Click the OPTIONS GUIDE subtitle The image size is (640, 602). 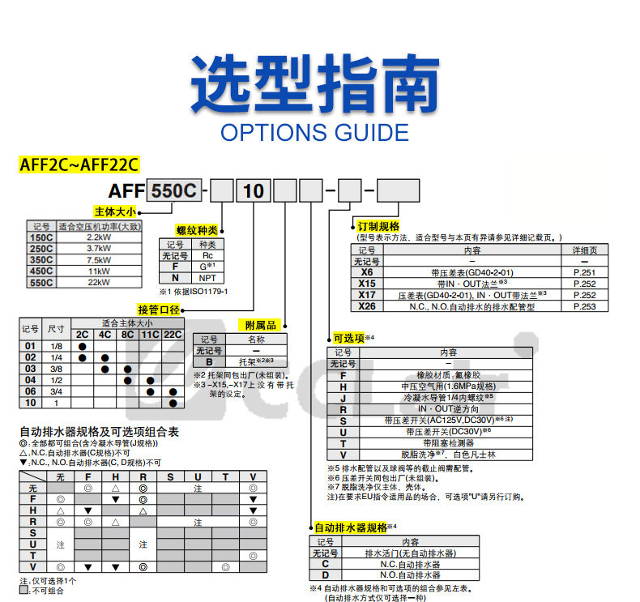(x=314, y=132)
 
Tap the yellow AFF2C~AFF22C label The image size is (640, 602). (x=79, y=165)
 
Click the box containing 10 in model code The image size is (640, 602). (x=254, y=191)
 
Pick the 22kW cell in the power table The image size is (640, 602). (x=99, y=282)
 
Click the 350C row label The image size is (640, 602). (x=41, y=259)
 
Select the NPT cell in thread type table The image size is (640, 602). (x=207, y=277)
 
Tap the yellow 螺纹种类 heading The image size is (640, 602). (x=198, y=231)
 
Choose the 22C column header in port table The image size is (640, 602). (x=173, y=334)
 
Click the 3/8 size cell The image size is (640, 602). (x=56, y=368)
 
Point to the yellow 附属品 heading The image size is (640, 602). (x=261, y=325)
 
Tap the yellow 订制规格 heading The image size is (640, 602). (x=378, y=226)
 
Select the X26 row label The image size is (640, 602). (x=366, y=306)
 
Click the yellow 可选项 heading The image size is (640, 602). (x=348, y=337)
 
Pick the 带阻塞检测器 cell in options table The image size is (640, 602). (x=448, y=443)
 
